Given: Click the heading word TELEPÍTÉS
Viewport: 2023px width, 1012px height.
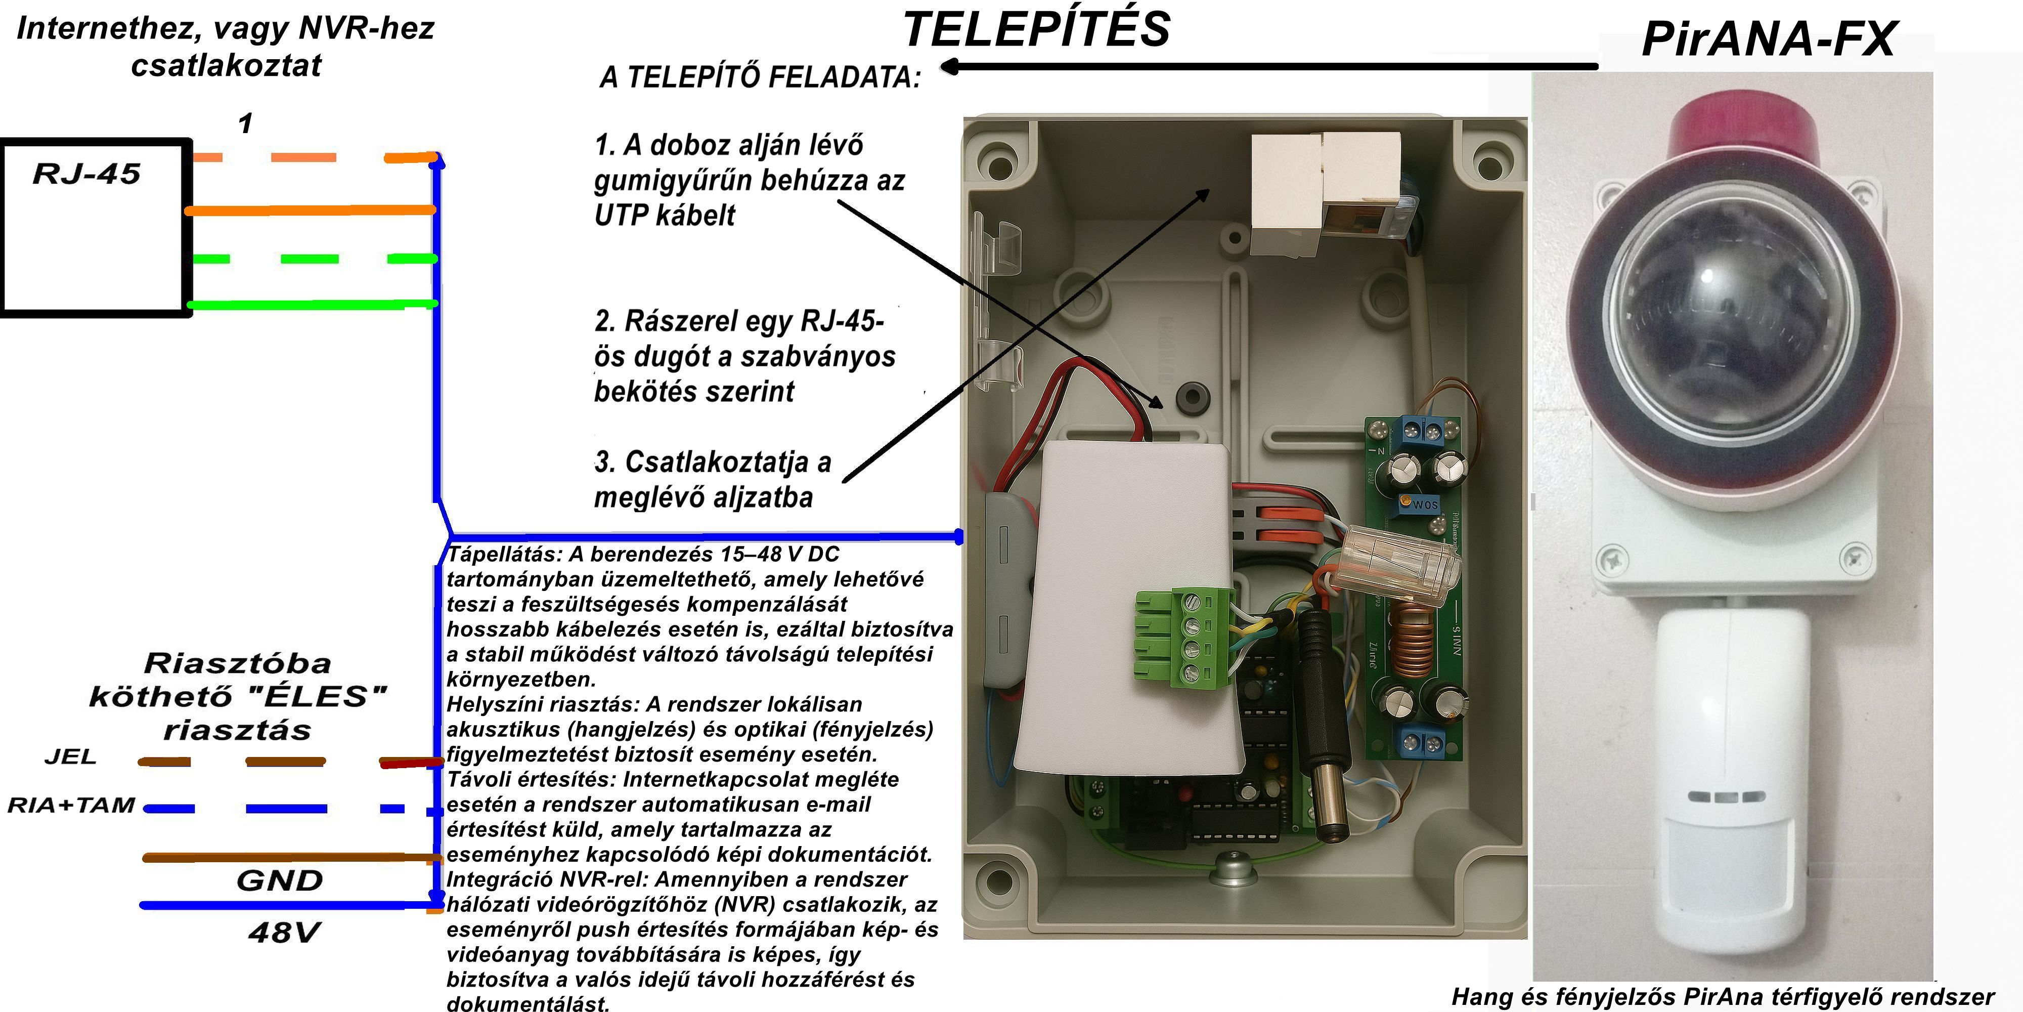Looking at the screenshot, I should point(1037,30).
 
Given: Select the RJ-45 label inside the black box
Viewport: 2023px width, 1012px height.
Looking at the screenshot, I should point(86,174).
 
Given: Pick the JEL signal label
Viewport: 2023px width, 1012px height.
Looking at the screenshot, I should point(71,756).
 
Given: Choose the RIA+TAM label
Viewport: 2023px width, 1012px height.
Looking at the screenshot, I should point(71,806).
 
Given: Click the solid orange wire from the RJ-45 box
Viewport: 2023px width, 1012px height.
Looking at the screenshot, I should point(310,210).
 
